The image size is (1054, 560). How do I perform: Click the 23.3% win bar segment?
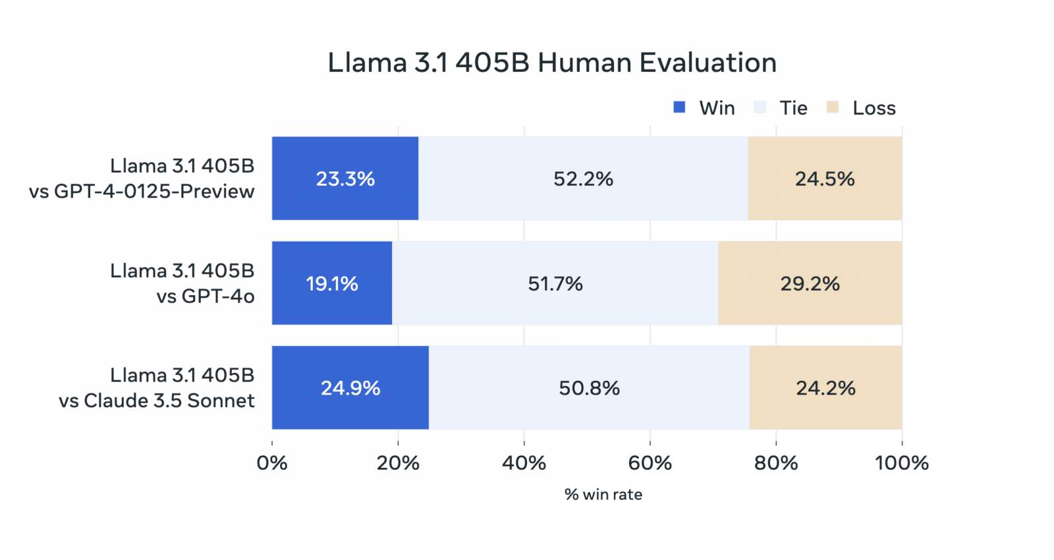click(x=345, y=179)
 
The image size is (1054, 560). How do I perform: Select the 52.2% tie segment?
click(x=583, y=179)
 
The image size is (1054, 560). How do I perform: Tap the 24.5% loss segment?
click(x=825, y=179)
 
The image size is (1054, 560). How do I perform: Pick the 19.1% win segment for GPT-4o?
click(x=331, y=283)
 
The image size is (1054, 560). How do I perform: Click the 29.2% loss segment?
click(x=810, y=283)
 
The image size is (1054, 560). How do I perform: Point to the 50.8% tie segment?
click(x=589, y=388)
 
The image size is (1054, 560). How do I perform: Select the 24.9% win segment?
click(x=350, y=388)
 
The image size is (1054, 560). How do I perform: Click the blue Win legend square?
click(x=679, y=107)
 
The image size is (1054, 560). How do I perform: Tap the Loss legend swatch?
click(x=833, y=107)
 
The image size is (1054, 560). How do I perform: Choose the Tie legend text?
click(x=793, y=108)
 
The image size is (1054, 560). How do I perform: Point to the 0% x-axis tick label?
click(x=272, y=463)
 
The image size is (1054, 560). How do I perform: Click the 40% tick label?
click(x=524, y=463)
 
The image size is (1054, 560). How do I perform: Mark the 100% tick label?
click(x=901, y=463)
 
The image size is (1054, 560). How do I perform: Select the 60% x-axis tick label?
click(x=650, y=463)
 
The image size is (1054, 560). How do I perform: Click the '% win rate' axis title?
click(x=603, y=495)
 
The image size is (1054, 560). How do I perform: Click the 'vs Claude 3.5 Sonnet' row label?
click(x=156, y=401)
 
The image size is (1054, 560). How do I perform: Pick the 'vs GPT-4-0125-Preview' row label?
click(x=142, y=191)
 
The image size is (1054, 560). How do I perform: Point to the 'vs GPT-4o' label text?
click(x=205, y=296)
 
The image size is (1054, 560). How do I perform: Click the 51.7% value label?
click(x=555, y=284)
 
